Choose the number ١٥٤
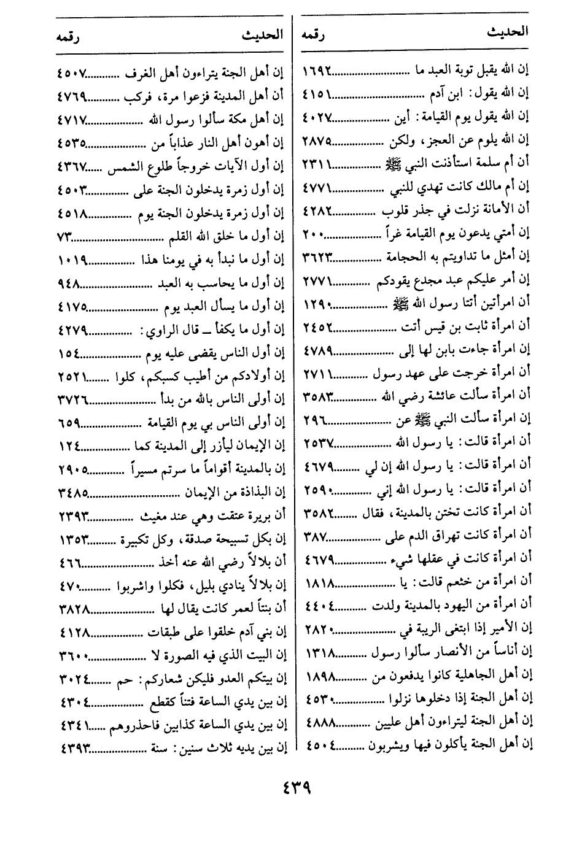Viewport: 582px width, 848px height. coord(69,353)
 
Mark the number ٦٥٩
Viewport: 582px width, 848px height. coord(69,423)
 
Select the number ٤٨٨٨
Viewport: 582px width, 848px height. coord(318,722)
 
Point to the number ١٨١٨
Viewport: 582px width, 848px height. coord(318,582)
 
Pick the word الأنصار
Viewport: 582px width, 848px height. coord(451,653)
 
